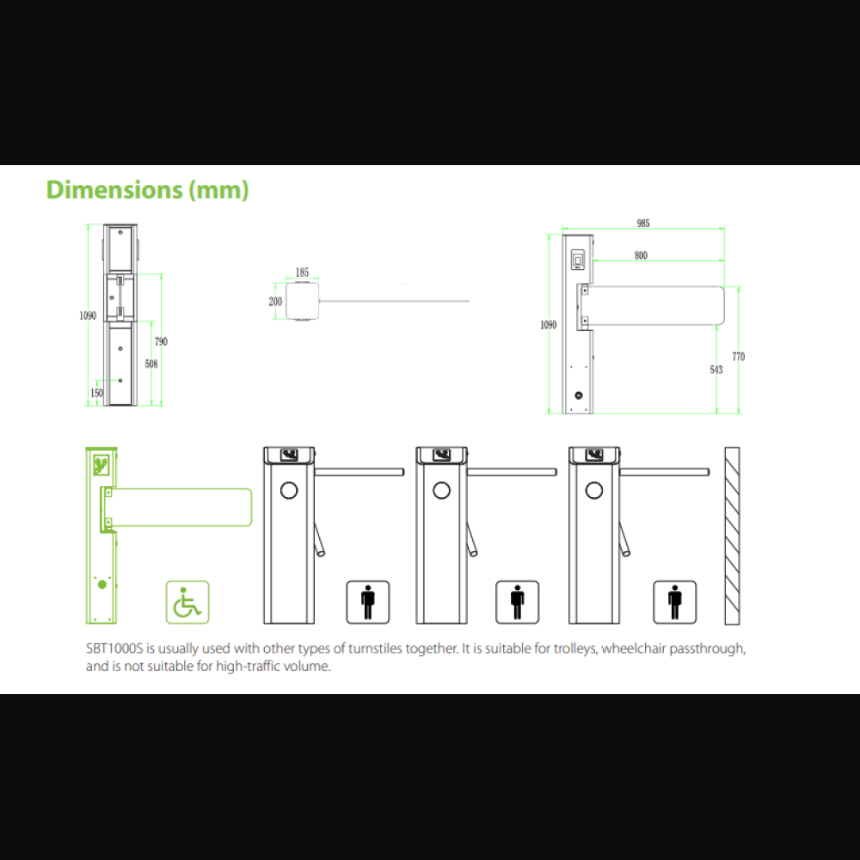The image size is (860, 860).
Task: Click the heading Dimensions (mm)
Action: click(147, 190)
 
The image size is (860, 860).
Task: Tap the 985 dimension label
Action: click(643, 224)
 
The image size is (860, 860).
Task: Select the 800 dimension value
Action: click(641, 255)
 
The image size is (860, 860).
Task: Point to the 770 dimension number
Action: click(738, 357)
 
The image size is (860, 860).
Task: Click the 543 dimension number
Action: click(716, 370)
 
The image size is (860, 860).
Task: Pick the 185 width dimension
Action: click(302, 273)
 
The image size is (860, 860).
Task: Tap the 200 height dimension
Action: click(275, 301)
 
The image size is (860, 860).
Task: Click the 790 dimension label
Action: click(161, 341)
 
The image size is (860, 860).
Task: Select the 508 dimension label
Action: click(150, 364)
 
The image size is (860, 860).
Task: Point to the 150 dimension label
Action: click(96, 393)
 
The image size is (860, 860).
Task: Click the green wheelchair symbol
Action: click(187, 602)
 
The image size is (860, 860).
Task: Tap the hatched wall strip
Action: click(732, 536)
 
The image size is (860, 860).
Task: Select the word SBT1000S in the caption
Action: click(114, 648)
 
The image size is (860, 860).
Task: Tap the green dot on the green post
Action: click(102, 585)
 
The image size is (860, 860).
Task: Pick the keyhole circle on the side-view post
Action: click(578, 396)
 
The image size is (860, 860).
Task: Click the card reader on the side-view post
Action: click(578, 260)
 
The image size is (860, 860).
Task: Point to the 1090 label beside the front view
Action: click(88, 316)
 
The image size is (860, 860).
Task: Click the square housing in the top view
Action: click(302, 301)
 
